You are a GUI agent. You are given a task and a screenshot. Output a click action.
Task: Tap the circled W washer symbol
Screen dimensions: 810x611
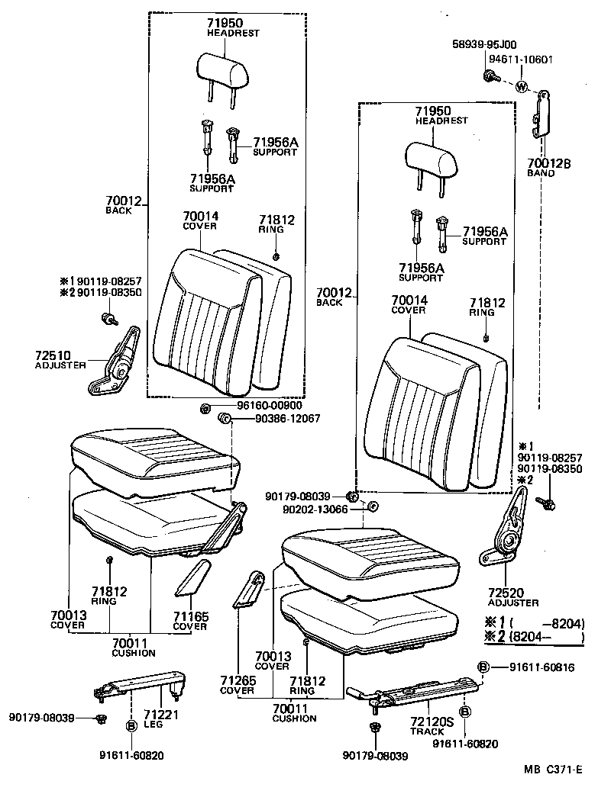[522, 86]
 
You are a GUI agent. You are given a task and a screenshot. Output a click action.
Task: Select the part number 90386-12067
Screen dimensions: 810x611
[277, 419]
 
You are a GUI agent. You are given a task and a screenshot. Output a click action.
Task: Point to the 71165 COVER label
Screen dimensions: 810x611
[189, 621]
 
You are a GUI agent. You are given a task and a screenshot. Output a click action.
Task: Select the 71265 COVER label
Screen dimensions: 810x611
[237, 685]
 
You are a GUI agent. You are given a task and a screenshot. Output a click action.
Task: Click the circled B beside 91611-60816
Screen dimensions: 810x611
[483, 667]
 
